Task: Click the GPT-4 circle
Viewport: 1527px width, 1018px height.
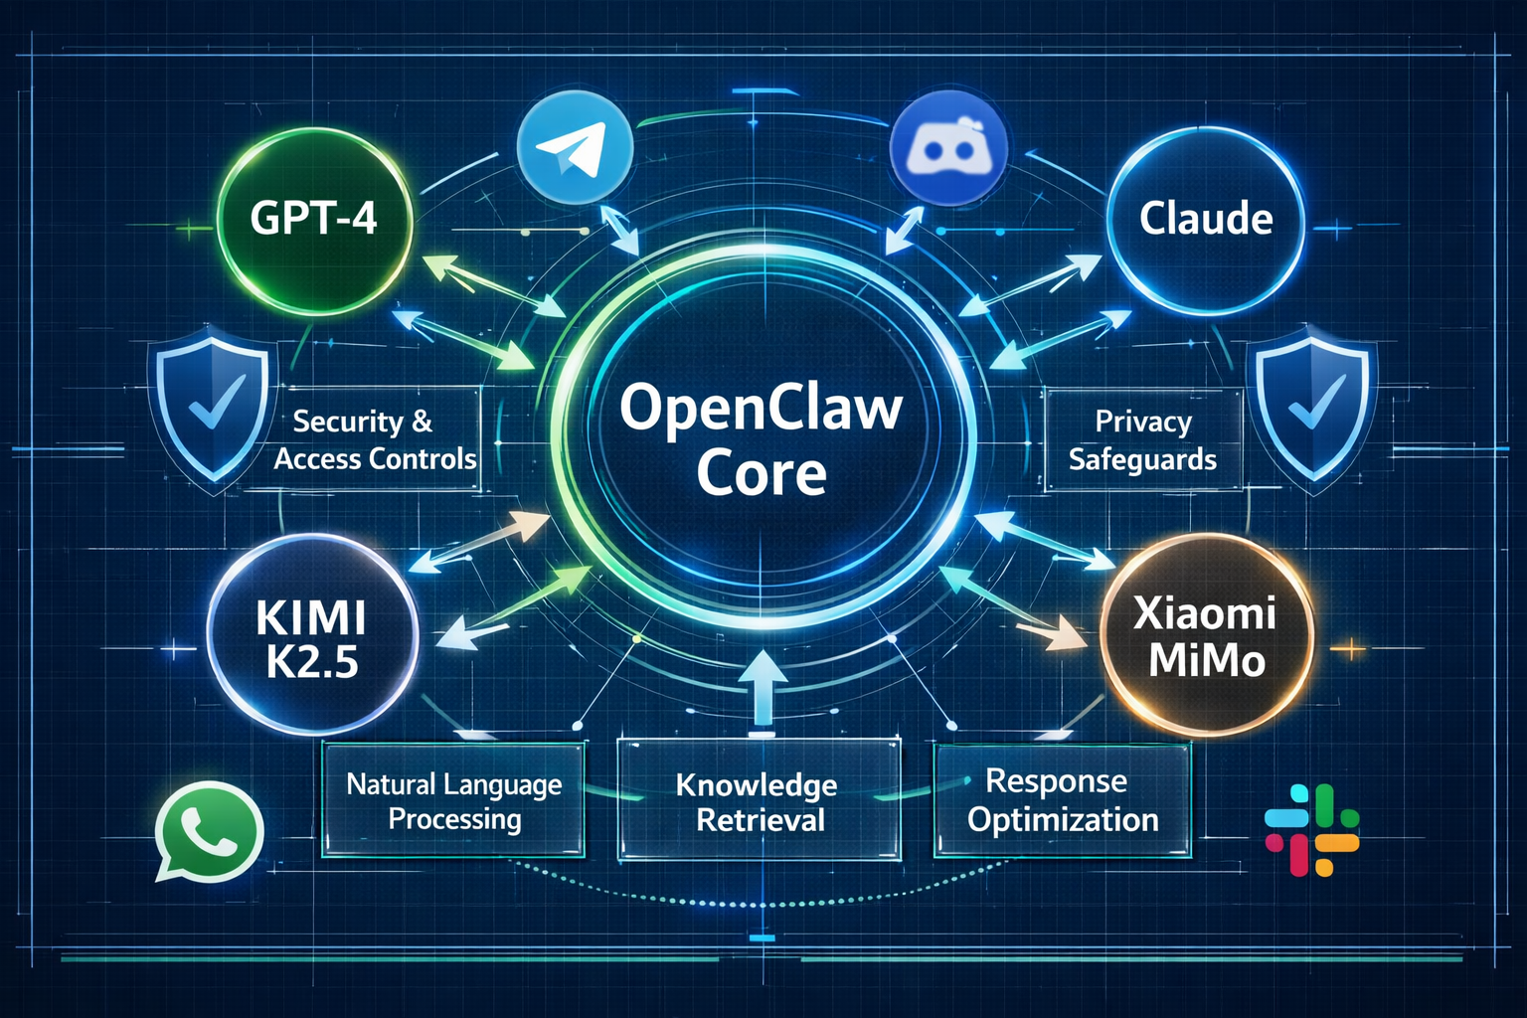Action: pyautogui.click(x=313, y=219)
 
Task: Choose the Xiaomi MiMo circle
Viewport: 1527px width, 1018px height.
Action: pyautogui.click(x=1206, y=636)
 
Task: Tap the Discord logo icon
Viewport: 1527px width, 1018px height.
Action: pyautogui.click(x=948, y=150)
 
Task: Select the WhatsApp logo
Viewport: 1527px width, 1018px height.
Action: pyautogui.click(x=208, y=831)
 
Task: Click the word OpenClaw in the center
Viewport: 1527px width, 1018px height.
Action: pyautogui.click(x=761, y=408)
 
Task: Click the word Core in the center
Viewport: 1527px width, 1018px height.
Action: pyautogui.click(x=761, y=474)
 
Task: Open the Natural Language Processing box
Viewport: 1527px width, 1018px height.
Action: pyautogui.click(x=454, y=801)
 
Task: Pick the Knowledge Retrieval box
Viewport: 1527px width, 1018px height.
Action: pyautogui.click(x=759, y=801)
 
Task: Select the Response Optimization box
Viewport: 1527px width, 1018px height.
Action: pyautogui.click(x=1062, y=800)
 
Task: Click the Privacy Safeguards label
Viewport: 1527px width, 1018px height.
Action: pyautogui.click(x=1142, y=440)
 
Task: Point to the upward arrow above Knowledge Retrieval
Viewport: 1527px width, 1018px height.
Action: pyautogui.click(x=763, y=686)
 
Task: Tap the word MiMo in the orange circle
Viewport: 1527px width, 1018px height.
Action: pyautogui.click(x=1207, y=660)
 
